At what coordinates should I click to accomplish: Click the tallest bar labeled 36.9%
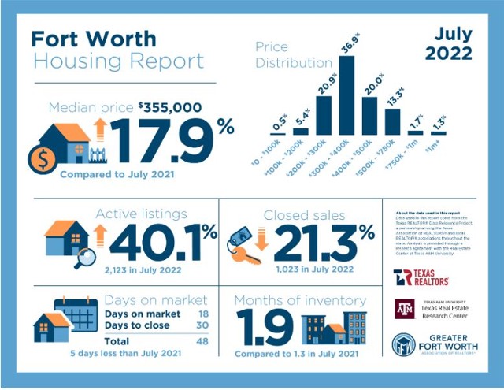[346, 94]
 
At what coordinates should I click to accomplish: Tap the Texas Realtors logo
[421, 277]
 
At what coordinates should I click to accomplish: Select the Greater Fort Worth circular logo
[404, 344]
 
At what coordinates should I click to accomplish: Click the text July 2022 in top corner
[448, 45]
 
